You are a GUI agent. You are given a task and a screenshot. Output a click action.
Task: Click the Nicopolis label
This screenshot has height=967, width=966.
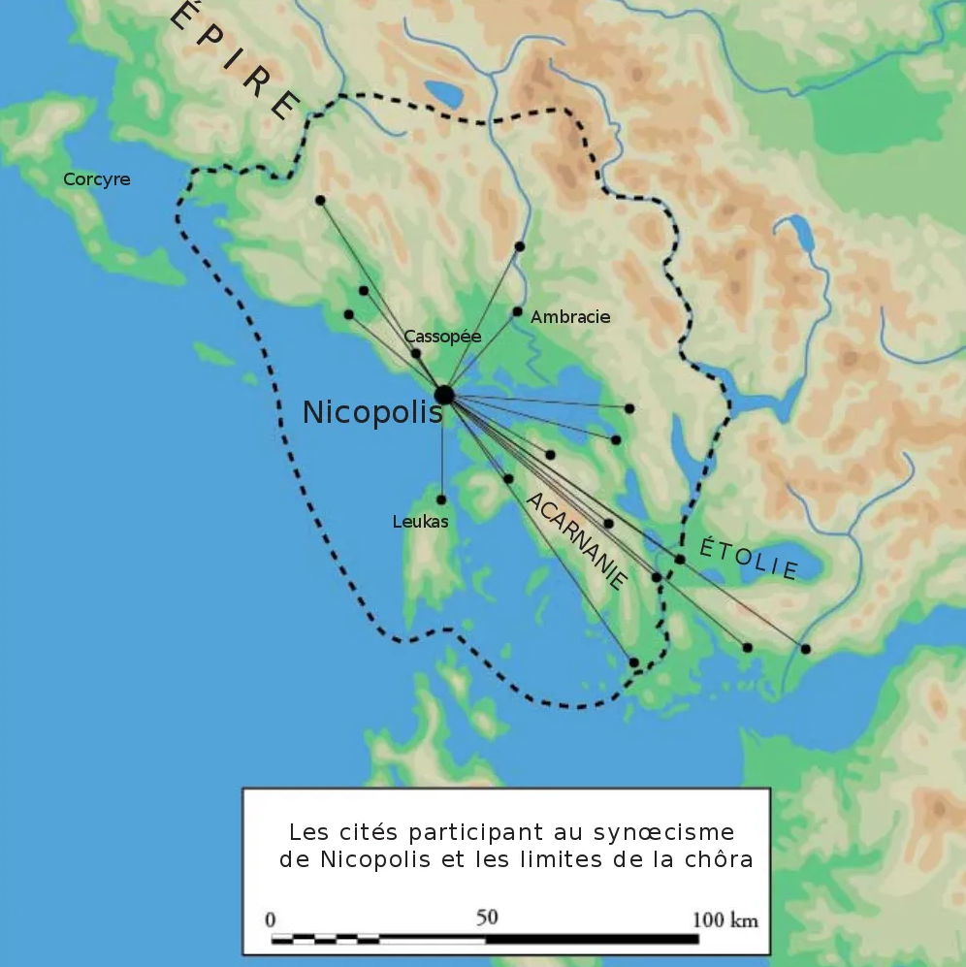point(371,412)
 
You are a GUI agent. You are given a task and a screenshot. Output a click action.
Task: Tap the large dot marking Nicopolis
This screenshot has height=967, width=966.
point(444,395)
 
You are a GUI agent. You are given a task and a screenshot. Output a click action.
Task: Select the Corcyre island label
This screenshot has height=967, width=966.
point(97,179)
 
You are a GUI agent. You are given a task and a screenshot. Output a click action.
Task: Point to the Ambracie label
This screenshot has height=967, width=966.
point(570,317)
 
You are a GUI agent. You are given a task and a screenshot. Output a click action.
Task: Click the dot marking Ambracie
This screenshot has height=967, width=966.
point(517,312)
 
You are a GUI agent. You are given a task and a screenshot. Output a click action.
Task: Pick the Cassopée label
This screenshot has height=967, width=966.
point(442,337)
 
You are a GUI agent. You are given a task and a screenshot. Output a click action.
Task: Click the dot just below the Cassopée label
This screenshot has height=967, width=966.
point(416,354)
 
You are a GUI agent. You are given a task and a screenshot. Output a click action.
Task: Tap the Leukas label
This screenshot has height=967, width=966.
point(420,522)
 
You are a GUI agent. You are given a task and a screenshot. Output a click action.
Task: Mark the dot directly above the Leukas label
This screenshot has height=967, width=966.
point(441,500)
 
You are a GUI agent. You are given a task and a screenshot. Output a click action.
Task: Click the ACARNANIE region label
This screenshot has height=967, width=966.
point(576,540)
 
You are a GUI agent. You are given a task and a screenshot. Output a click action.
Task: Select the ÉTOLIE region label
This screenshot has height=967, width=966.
point(749,558)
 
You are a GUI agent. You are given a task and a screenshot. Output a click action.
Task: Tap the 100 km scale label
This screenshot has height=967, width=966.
point(724,919)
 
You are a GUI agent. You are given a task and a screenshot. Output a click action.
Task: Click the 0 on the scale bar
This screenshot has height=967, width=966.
point(271,919)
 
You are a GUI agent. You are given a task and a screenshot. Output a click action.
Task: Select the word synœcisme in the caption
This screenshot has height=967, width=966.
point(675,832)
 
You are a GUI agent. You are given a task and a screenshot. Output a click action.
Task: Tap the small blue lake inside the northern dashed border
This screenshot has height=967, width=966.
point(445,94)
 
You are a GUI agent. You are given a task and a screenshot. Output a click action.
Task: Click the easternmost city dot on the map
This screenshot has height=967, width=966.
point(805,648)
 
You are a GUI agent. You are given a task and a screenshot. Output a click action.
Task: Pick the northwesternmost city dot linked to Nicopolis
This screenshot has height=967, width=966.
point(320,200)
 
